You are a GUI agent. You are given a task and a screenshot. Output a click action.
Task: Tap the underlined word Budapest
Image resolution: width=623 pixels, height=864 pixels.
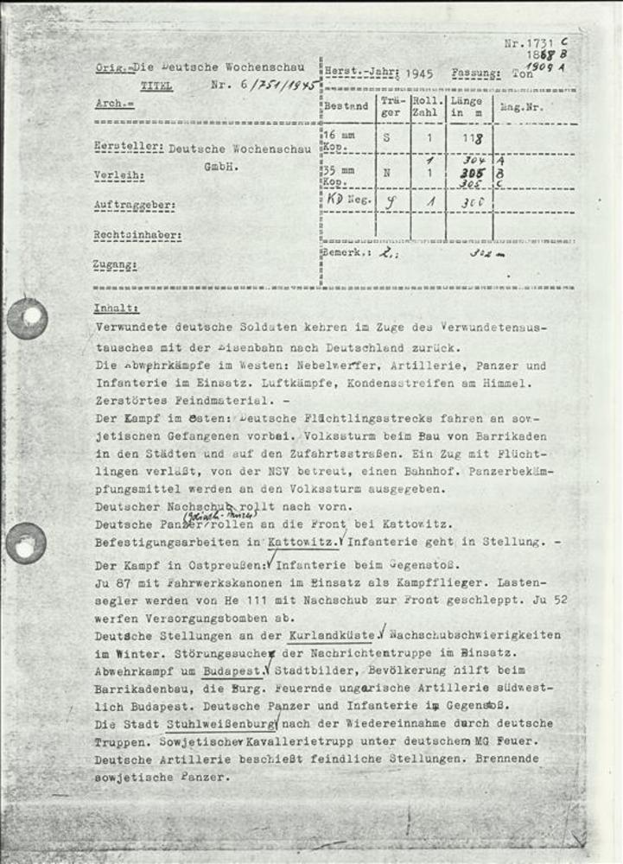coord(232,670)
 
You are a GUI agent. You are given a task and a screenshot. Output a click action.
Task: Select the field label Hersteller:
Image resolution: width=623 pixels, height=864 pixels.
coord(128,148)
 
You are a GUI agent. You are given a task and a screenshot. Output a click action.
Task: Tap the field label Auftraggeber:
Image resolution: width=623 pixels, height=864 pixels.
coord(134,206)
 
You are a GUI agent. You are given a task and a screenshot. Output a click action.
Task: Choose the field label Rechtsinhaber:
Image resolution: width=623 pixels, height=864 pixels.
coord(137,235)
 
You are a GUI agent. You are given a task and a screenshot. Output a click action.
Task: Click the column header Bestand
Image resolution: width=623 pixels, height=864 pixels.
coord(346,107)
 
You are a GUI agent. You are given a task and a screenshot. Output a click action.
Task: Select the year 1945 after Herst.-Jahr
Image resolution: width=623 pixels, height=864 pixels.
coord(419,74)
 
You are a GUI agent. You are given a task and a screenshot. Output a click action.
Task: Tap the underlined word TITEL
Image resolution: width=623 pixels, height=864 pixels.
coord(156,86)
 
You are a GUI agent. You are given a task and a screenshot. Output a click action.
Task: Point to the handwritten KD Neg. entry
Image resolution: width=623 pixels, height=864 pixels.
coord(345,200)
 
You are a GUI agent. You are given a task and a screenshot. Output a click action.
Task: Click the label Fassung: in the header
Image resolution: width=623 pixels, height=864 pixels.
coord(475,74)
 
